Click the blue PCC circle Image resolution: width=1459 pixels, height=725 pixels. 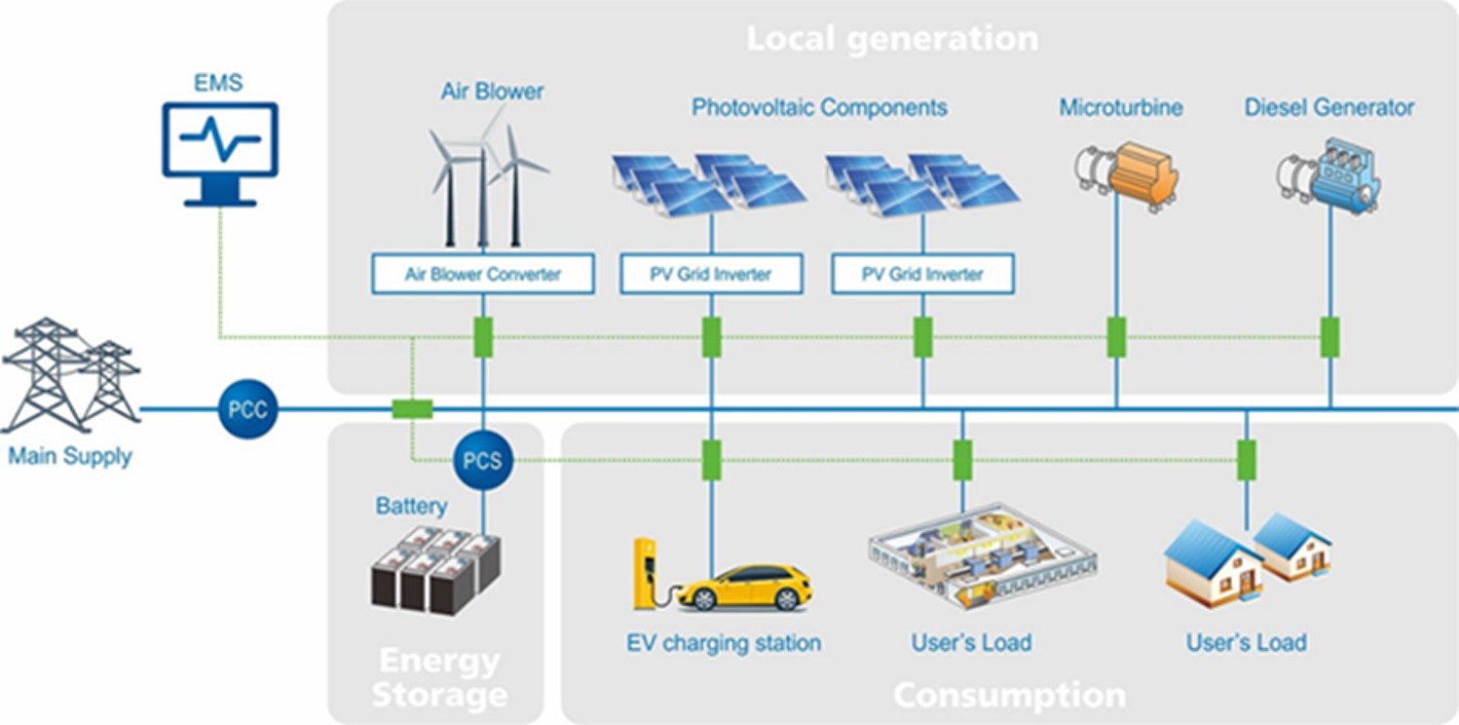pos(248,409)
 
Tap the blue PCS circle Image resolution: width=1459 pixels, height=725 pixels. pos(483,460)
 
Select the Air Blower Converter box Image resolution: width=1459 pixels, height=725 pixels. pos(483,274)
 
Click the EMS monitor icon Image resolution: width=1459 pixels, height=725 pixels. pos(220,154)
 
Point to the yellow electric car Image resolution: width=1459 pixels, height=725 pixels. pos(745,588)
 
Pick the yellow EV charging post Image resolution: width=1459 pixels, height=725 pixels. pos(646,574)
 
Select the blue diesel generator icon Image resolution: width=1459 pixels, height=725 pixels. pos(1328,174)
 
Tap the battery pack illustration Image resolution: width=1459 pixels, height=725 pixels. pos(435,571)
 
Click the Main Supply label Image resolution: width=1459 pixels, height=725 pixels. pos(70,456)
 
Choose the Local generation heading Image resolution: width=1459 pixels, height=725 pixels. pos(892,38)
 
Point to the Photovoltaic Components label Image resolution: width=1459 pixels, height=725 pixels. pos(819,107)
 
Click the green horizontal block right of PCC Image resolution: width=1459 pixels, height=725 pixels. pos(412,409)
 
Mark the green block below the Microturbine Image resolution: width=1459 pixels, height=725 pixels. pos(1116,337)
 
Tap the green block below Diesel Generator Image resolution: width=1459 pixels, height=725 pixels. pos(1329,337)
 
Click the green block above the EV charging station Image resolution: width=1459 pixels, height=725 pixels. pos(711,460)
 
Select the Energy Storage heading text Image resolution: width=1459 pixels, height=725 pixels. pos(439,678)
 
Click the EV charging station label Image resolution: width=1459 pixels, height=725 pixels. pos(724,643)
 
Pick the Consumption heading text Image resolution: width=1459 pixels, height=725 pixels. pos(1010,695)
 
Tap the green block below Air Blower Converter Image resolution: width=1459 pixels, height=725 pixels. pos(483,337)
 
